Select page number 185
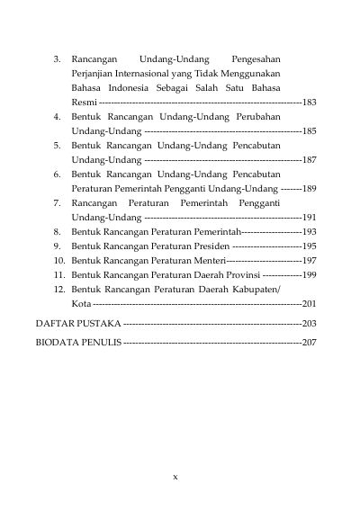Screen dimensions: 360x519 pyautogui.click(x=310, y=131)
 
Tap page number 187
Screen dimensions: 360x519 pyautogui.click(x=310, y=160)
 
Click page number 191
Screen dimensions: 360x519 pyautogui.click(x=310, y=218)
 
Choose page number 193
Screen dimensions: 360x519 pyautogui.click(x=310, y=232)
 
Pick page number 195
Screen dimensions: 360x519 pyautogui.click(x=310, y=246)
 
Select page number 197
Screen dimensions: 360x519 pyautogui.click(x=310, y=261)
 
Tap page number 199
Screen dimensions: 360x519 pyautogui.click(x=310, y=275)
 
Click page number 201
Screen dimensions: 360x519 pyautogui.click(x=310, y=304)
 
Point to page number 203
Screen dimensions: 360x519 pyautogui.click(x=310, y=323)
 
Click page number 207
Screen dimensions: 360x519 pyautogui.click(x=310, y=344)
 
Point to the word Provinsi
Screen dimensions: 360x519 pyautogui.click(x=238, y=275)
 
